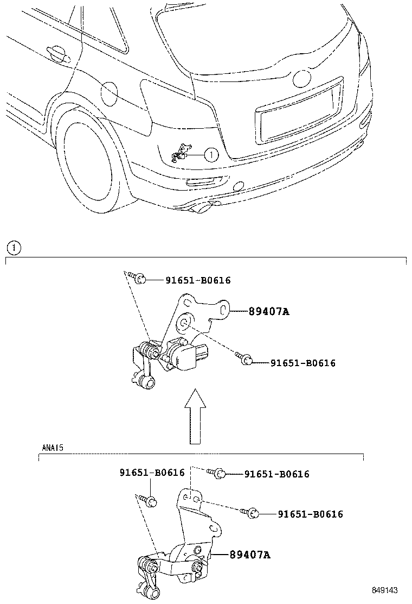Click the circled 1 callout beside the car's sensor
click(x=211, y=155)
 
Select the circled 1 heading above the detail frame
click(x=13, y=248)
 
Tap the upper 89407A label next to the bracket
click(x=269, y=312)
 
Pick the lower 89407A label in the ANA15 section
click(x=249, y=555)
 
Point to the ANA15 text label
click(x=53, y=449)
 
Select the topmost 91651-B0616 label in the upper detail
click(x=198, y=280)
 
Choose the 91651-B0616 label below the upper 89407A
click(x=303, y=363)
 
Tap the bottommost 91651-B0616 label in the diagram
click(x=310, y=514)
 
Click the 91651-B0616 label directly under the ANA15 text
click(x=152, y=473)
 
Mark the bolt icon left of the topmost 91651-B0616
click(x=139, y=279)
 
